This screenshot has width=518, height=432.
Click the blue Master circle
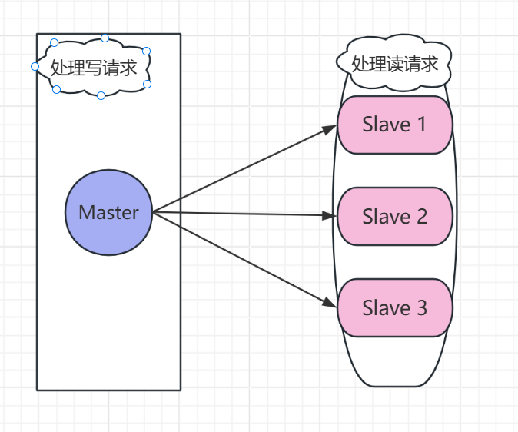click(x=108, y=213)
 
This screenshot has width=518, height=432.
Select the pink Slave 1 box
click(x=394, y=125)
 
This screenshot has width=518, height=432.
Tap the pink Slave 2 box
click(x=394, y=217)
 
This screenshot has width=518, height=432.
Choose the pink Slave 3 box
click(x=394, y=307)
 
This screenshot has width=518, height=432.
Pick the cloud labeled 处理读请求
click(x=393, y=63)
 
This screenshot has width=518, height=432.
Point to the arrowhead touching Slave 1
click(x=330, y=128)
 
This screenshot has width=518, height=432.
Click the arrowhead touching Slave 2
click(x=330, y=216)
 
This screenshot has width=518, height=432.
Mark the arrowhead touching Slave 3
click(x=330, y=304)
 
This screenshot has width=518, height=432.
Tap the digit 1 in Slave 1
click(x=421, y=125)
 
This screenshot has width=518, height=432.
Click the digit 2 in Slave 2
click(x=421, y=217)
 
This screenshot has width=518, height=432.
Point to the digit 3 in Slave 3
click(x=421, y=307)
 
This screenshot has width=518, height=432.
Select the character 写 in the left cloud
click(x=94, y=68)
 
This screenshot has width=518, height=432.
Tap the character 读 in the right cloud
click(x=394, y=63)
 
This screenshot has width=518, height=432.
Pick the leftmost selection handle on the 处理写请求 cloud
click(x=35, y=67)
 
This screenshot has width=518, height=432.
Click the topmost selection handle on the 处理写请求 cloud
click(x=105, y=37)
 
